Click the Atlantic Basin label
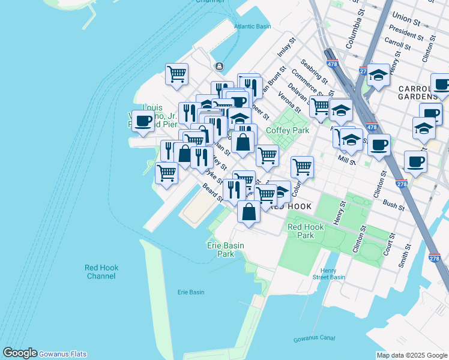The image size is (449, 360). point(253,26)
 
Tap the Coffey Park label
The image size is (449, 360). point(287,130)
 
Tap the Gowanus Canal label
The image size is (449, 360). point(315,338)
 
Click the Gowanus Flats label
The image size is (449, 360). point(63,354)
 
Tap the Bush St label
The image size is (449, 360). point(393,205)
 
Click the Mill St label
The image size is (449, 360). point(347,159)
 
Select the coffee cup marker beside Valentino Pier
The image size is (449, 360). point(143,121)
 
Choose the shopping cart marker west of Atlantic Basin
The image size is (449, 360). point(176,75)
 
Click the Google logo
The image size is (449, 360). point(20,353)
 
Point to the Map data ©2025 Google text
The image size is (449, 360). point(411,355)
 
